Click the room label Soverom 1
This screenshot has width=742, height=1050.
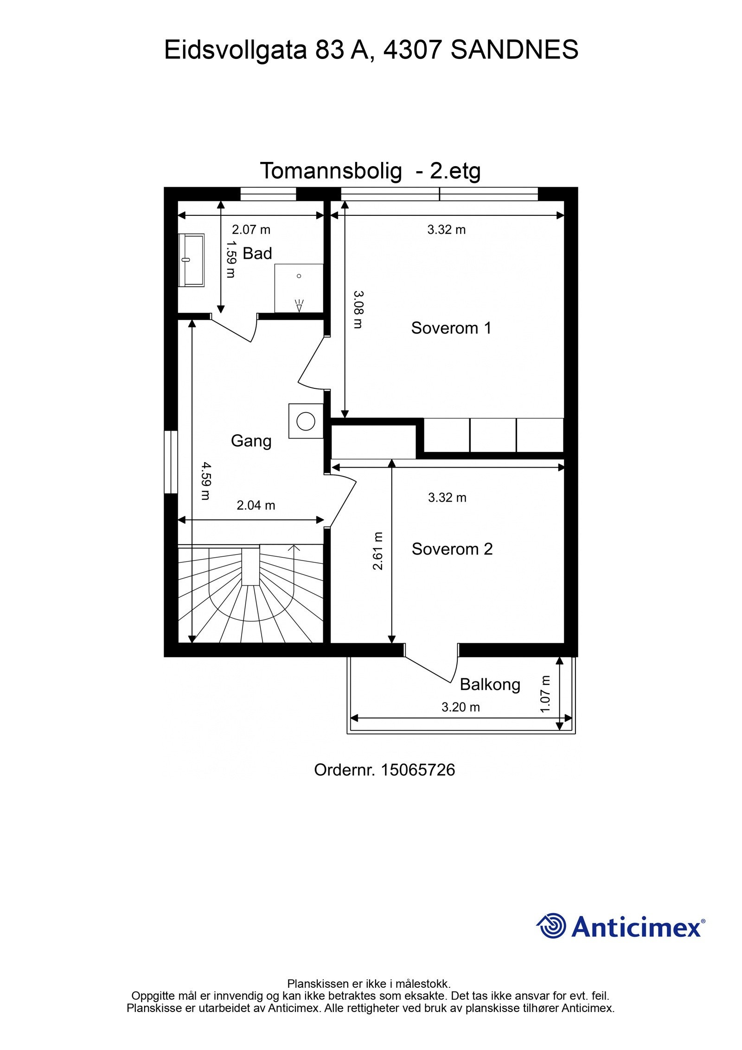(451, 328)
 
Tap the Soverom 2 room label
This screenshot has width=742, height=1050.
(452, 549)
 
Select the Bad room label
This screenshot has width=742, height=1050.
(257, 253)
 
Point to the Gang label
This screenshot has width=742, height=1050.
(251, 440)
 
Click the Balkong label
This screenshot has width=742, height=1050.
(490, 684)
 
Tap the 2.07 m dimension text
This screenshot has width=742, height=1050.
(251, 230)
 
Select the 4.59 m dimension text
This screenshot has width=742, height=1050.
(205, 480)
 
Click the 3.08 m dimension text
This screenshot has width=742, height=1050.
(358, 309)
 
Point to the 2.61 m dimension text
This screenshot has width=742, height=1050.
(378, 551)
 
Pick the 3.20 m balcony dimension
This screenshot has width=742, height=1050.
(460, 707)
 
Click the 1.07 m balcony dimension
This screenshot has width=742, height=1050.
(545, 694)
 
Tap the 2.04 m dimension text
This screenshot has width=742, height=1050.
(256, 505)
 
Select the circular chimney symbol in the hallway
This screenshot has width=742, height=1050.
(306, 421)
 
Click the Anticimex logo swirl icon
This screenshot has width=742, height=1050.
(551, 925)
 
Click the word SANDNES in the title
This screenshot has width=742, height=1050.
(514, 50)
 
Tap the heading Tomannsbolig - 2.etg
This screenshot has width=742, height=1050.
(370, 171)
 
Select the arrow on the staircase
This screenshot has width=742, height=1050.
(294, 548)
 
